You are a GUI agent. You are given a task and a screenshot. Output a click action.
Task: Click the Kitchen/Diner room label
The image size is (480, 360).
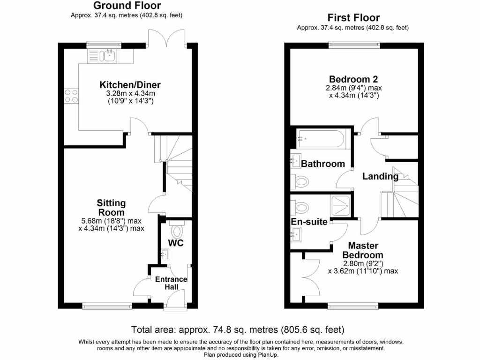tap(130, 85)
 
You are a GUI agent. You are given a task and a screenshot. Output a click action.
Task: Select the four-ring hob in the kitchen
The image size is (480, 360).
tap(71, 96)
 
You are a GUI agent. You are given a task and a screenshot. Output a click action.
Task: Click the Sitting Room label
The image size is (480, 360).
tap(111, 207)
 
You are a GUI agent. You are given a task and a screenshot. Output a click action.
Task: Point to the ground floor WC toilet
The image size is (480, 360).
tap(177, 231)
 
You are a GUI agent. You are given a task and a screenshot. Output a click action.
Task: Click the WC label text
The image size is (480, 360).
tap(176, 243)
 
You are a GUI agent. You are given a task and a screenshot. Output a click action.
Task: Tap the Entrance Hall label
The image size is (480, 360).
tap(171, 283)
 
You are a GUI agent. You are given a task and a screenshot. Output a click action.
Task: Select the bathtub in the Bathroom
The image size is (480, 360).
tap(322, 139)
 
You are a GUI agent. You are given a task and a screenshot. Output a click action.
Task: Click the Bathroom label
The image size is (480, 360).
tap(322, 164)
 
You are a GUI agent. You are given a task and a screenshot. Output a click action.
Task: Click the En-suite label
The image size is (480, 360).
tap(309, 222)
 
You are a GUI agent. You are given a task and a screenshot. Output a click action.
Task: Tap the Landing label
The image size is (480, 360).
tap(380, 177)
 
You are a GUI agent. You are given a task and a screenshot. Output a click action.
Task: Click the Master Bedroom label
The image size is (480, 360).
tap(363, 250)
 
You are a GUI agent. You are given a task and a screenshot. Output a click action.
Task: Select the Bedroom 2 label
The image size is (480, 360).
tap(353, 79)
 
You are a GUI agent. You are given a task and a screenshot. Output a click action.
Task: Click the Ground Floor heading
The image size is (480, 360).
tap(127, 6)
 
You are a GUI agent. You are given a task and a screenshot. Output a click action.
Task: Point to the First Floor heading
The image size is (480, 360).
tap(353, 18)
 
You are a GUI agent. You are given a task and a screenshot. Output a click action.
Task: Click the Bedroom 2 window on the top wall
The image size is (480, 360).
tap(354, 45)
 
